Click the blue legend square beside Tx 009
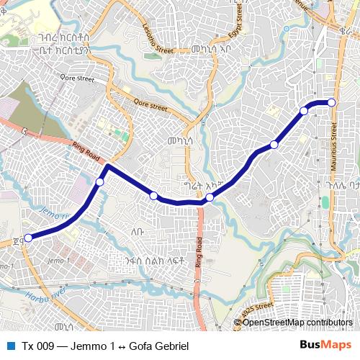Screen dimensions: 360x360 pyautogui.click(x=11, y=346)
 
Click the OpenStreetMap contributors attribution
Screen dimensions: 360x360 pyautogui.click(x=297, y=323)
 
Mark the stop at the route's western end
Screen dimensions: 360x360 pyautogui.click(x=29, y=238)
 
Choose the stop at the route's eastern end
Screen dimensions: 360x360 pyautogui.click(x=332, y=103)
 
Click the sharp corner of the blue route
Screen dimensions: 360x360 pyautogui.click(x=107, y=166)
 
